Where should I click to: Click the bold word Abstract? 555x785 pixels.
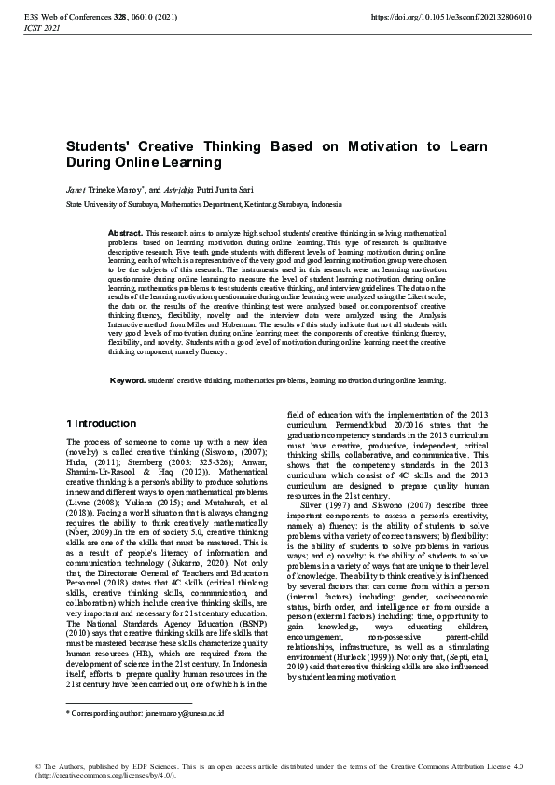(x=126, y=231)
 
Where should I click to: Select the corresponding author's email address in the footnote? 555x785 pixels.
(x=177, y=712)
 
